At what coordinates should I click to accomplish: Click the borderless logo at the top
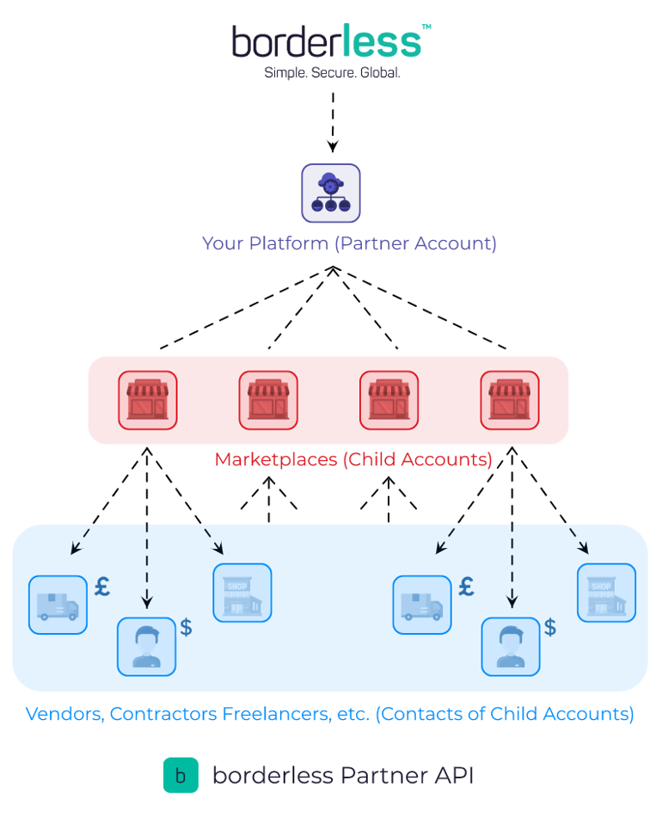pyautogui.click(x=327, y=41)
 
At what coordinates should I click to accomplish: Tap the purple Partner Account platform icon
pyautogui.click(x=331, y=193)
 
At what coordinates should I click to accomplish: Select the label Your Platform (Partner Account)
pyautogui.click(x=349, y=243)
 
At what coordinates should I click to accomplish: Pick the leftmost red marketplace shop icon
pyautogui.click(x=148, y=400)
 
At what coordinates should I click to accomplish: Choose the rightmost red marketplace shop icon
pyautogui.click(x=510, y=400)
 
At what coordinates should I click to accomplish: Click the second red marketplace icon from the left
pyautogui.click(x=268, y=400)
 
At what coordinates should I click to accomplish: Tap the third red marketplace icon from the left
pyautogui.click(x=389, y=400)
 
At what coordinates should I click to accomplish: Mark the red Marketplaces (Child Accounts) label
pyautogui.click(x=353, y=459)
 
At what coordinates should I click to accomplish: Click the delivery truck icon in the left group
pyautogui.click(x=58, y=605)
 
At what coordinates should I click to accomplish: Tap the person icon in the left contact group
pyautogui.click(x=146, y=646)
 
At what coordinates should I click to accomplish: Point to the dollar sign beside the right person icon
pyautogui.click(x=550, y=627)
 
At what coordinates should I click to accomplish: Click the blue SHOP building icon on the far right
pyautogui.click(x=606, y=593)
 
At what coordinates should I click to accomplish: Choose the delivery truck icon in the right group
pyautogui.click(x=422, y=605)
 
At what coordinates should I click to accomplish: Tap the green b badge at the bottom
pyautogui.click(x=181, y=775)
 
